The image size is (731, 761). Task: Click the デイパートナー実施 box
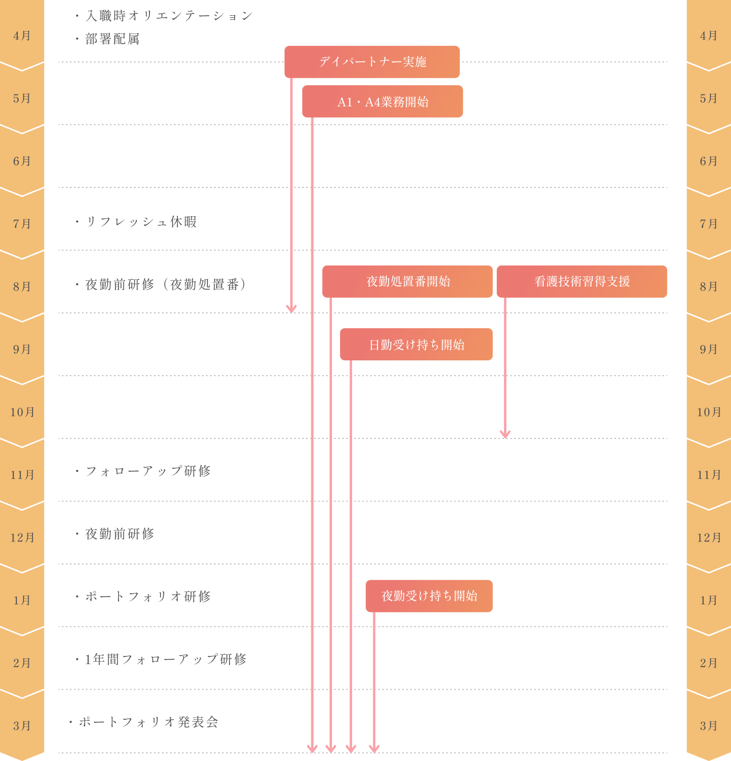point(372,62)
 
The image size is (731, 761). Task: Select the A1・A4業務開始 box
point(383,102)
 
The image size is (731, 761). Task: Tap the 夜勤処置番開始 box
point(408,281)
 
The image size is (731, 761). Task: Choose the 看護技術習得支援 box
point(582,281)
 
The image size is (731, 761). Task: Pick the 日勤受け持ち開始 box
point(416,344)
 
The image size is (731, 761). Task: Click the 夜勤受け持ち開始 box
point(429,596)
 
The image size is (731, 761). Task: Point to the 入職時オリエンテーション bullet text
point(164,16)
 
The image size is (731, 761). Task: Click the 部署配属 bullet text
point(107,39)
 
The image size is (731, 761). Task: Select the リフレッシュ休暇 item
point(136,222)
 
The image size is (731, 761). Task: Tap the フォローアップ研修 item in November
point(143,471)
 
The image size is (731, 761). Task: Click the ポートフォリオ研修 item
point(143,596)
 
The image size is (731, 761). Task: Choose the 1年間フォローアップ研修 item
point(160,659)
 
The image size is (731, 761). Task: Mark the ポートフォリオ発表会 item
point(144,722)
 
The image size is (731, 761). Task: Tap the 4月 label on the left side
point(22,36)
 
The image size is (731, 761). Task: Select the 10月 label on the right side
point(709,412)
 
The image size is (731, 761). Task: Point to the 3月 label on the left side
point(22,726)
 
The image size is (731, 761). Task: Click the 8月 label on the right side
point(709,287)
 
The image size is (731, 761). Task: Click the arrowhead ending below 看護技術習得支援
point(505,434)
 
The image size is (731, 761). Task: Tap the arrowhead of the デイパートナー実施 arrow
point(291,309)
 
